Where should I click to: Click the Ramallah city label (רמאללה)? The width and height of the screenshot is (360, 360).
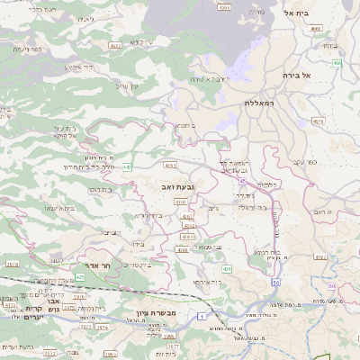(264, 103)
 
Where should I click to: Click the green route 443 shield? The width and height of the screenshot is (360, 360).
(128, 166)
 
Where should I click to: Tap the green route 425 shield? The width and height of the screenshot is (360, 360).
(80, 277)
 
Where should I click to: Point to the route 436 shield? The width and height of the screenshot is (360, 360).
(227, 268)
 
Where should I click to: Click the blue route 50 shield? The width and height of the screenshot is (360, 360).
(275, 282)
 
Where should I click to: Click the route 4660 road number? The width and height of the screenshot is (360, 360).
(315, 30)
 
